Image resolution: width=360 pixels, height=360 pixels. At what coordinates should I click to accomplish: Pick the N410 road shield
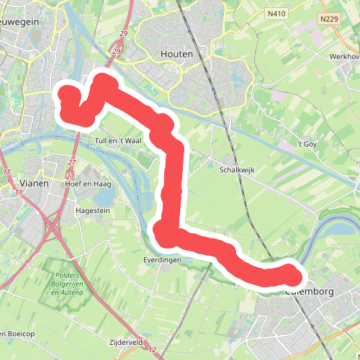275,13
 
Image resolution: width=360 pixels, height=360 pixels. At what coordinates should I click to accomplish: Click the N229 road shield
330,19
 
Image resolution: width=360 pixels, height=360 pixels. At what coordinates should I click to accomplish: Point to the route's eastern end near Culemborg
292,275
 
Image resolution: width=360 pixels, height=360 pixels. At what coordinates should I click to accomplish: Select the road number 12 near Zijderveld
153,349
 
